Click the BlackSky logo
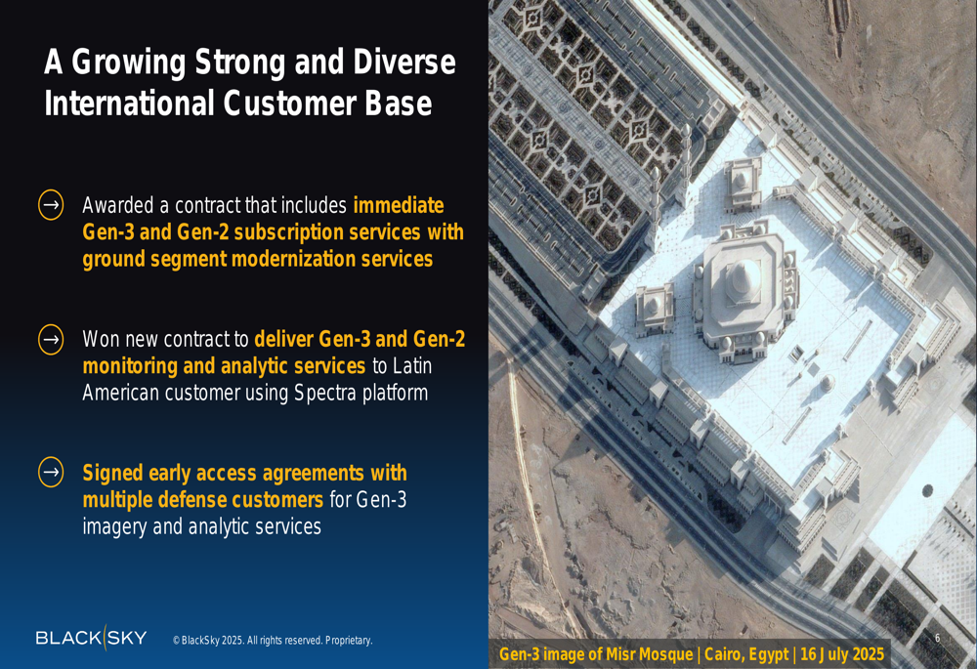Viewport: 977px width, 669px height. tap(91, 637)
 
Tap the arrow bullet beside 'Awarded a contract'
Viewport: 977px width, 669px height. tap(51, 205)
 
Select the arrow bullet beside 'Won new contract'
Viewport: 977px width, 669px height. tap(51, 340)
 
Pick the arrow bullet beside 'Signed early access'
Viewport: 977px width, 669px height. tap(51, 472)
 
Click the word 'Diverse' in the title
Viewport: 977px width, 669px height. tap(404, 63)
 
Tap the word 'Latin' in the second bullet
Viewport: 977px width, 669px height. tap(412, 365)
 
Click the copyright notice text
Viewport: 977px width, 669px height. tap(273, 641)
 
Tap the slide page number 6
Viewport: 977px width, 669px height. tap(937, 637)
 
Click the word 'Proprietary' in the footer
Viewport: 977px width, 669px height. tap(349, 641)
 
